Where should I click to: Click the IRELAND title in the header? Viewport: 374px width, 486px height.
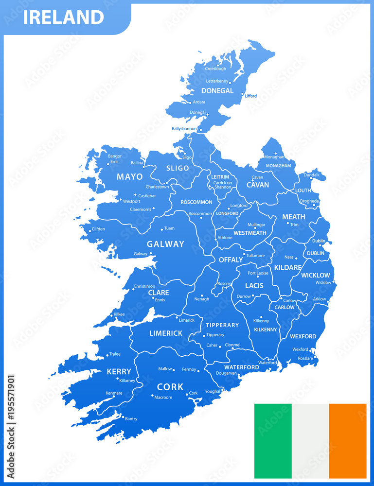tap(63, 17)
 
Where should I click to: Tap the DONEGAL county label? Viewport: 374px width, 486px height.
tap(217, 90)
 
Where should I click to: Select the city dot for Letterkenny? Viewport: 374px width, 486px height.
tap(230, 83)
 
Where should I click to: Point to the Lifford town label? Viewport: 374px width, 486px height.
tap(251, 96)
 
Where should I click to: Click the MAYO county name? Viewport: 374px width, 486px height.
tap(130, 177)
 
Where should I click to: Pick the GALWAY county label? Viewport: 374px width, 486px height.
tap(166, 244)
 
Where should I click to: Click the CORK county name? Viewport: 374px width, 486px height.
tap(170, 387)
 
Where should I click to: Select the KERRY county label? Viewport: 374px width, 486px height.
tap(119, 372)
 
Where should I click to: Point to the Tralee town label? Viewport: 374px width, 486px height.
tap(115, 354)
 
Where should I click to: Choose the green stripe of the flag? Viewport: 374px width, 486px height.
tap(272, 441)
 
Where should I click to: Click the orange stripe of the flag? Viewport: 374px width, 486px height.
tap(348, 441)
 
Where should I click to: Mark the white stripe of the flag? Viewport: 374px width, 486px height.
tap(310, 441)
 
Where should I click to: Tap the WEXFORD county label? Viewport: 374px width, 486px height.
tap(303, 336)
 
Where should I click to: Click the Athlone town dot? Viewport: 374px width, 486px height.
tap(215, 240)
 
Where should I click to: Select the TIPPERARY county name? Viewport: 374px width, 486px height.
tap(222, 325)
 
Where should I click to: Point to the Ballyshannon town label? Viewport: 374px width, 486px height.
tap(184, 129)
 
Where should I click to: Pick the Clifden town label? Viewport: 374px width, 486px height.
tap(98, 229)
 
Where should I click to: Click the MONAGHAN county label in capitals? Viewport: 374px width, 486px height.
tap(278, 166)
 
